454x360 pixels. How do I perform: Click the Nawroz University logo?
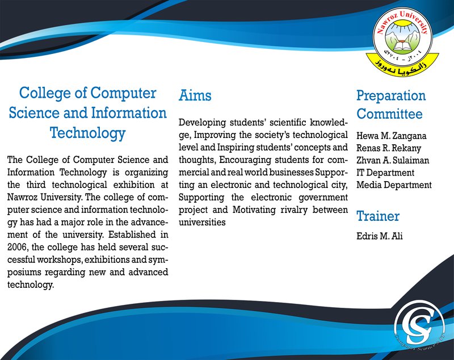tap(403, 42)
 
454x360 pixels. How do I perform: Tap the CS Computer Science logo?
tap(419, 326)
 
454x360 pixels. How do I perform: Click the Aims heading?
tap(195, 95)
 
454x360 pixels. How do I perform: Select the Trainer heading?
tap(378, 216)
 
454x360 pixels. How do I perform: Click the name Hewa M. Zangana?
tap(391, 136)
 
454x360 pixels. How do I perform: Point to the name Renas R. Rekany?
tap(389, 148)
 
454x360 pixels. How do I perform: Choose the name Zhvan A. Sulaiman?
tap(393, 160)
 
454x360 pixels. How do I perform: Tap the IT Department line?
tap(385, 173)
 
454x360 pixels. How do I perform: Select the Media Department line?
tap(394, 185)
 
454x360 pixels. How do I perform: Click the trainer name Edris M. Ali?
tap(379, 236)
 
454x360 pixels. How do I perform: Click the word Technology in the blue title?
tap(87, 133)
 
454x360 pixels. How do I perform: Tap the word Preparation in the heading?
tap(391, 95)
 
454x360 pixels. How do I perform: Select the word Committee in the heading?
tap(389, 114)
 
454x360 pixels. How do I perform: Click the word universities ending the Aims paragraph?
tap(202, 222)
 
